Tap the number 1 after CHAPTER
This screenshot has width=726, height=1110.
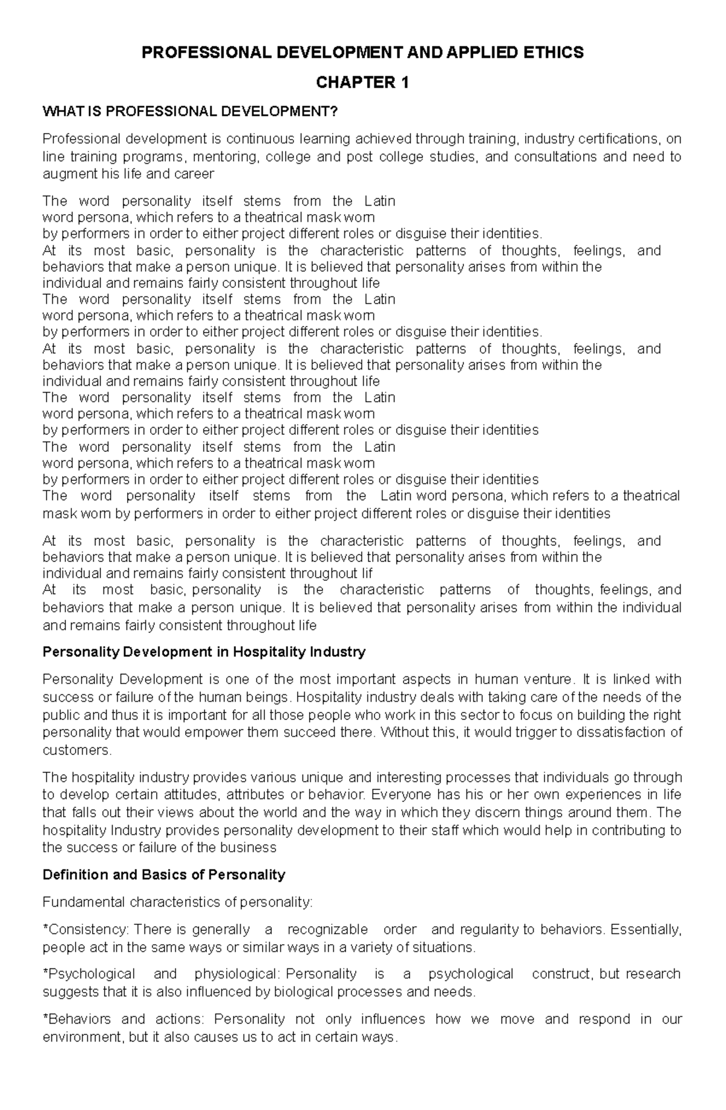coord(404,83)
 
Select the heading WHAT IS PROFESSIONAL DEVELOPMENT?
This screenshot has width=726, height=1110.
coord(188,111)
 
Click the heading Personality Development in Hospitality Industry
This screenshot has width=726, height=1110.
coord(204,652)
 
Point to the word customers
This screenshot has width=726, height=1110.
coord(76,751)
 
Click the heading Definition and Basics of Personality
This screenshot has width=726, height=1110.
coord(163,875)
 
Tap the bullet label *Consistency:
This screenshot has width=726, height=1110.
coord(85,929)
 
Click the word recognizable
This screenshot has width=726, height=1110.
coord(327,929)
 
